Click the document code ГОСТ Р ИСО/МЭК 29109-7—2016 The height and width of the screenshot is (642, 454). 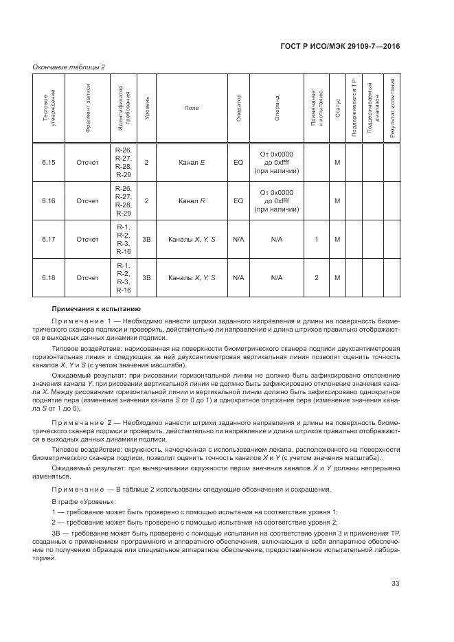(350, 46)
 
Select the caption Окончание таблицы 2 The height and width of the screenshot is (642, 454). (69, 66)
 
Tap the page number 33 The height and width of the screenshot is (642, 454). (395, 584)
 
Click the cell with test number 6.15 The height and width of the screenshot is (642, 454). (48, 163)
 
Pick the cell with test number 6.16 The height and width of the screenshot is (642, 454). (48, 200)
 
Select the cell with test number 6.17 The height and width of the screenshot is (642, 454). (48, 240)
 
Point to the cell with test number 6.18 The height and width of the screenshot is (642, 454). (48, 277)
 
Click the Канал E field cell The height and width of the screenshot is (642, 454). (192, 163)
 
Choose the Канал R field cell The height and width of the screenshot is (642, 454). (192, 200)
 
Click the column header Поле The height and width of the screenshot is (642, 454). (192, 108)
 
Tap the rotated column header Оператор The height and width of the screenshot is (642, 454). (238, 108)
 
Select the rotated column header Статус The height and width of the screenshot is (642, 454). (338, 108)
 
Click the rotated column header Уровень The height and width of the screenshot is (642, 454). (147, 108)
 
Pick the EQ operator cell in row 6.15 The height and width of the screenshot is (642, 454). (238, 163)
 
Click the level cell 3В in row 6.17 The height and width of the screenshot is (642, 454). (146, 240)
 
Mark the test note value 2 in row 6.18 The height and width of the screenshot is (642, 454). (316, 277)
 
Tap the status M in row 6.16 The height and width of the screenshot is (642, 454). (337, 200)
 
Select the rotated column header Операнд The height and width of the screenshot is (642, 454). (277, 108)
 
